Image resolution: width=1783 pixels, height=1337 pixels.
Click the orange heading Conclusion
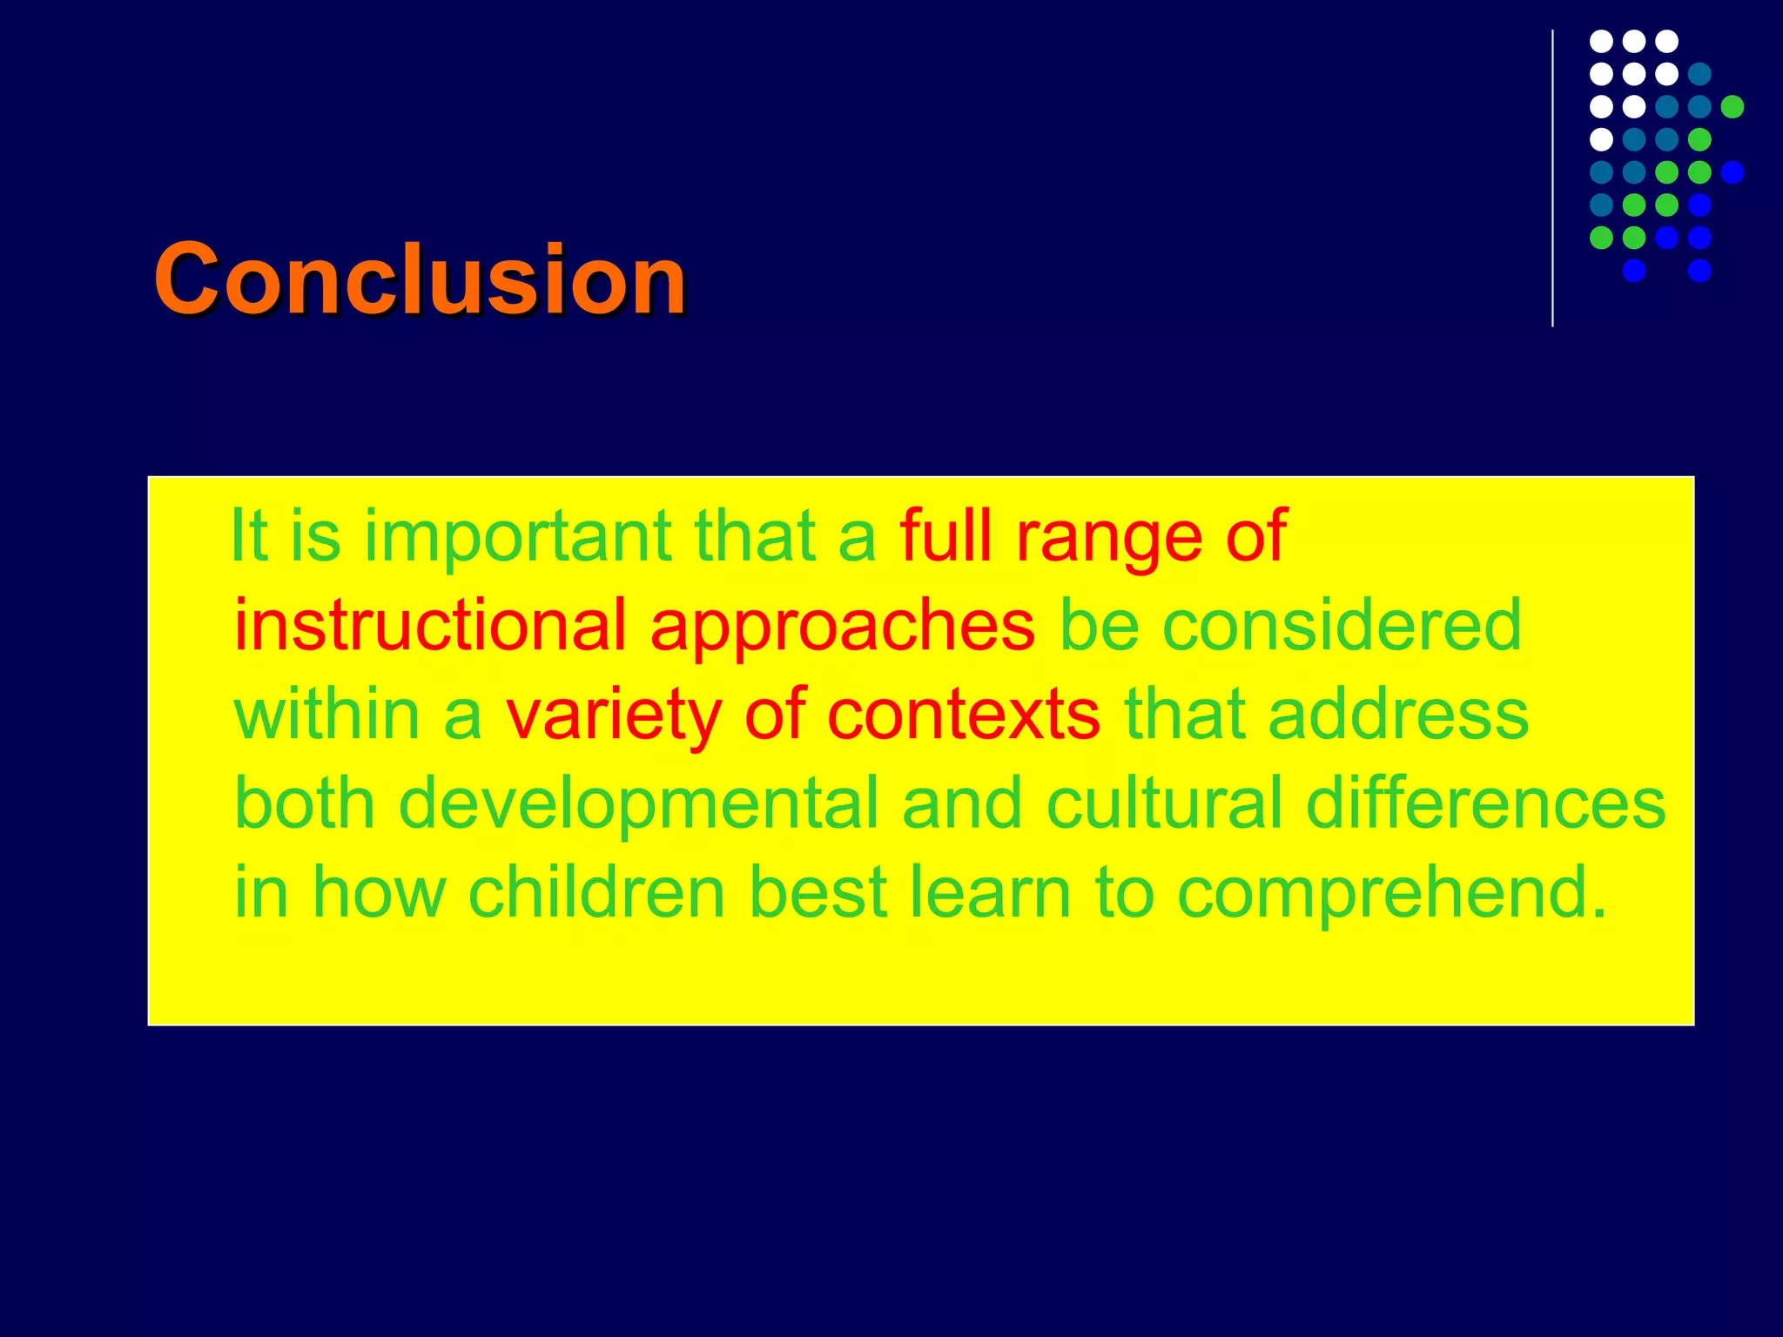(420, 279)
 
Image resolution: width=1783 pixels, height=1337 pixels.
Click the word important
(517, 537)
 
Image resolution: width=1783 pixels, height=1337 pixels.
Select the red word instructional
(430, 625)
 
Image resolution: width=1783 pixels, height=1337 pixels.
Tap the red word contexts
(963, 716)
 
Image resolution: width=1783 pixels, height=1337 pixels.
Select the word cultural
(1164, 803)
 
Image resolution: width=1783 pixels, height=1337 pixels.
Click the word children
(596, 892)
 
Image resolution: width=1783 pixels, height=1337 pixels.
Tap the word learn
(990, 892)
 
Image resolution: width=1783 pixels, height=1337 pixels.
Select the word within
(327, 715)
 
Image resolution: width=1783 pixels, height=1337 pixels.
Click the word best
(817, 892)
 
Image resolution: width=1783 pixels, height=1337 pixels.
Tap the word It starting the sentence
(248, 536)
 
